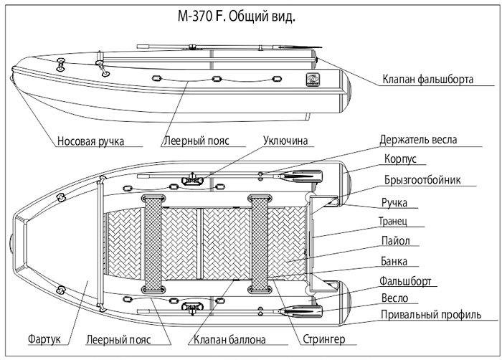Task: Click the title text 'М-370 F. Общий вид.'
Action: pyautogui.click(x=236, y=16)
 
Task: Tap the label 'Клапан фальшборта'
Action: pyautogui.click(x=427, y=79)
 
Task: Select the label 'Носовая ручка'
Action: pyautogui.click(x=90, y=141)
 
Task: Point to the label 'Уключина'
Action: pyautogui.click(x=285, y=141)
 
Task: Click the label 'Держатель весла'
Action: pyautogui.click(x=418, y=140)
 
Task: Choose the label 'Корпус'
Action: pyautogui.click(x=400, y=159)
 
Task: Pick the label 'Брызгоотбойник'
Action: pyautogui.click(x=422, y=180)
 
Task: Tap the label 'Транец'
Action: pyautogui.click(x=393, y=221)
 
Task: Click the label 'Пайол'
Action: pyautogui.click(x=395, y=240)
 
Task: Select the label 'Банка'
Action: pyautogui.click(x=394, y=261)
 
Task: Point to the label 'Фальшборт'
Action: pyautogui.click(x=405, y=281)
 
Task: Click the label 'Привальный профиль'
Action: pyautogui.click(x=431, y=315)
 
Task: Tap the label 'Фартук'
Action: pyautogui.click(x=44, y=339)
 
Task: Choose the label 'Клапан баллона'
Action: pyautogui.click(x=229, y=339)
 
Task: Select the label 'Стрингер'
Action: pyautogui.click(x=323, y=339)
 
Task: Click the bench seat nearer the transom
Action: pyautogui.click(x=260, y=244)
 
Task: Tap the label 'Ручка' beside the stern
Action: pyautogui.click(x=394, y=203)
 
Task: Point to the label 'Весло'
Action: pyautogui.click(x=394, y=298)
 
